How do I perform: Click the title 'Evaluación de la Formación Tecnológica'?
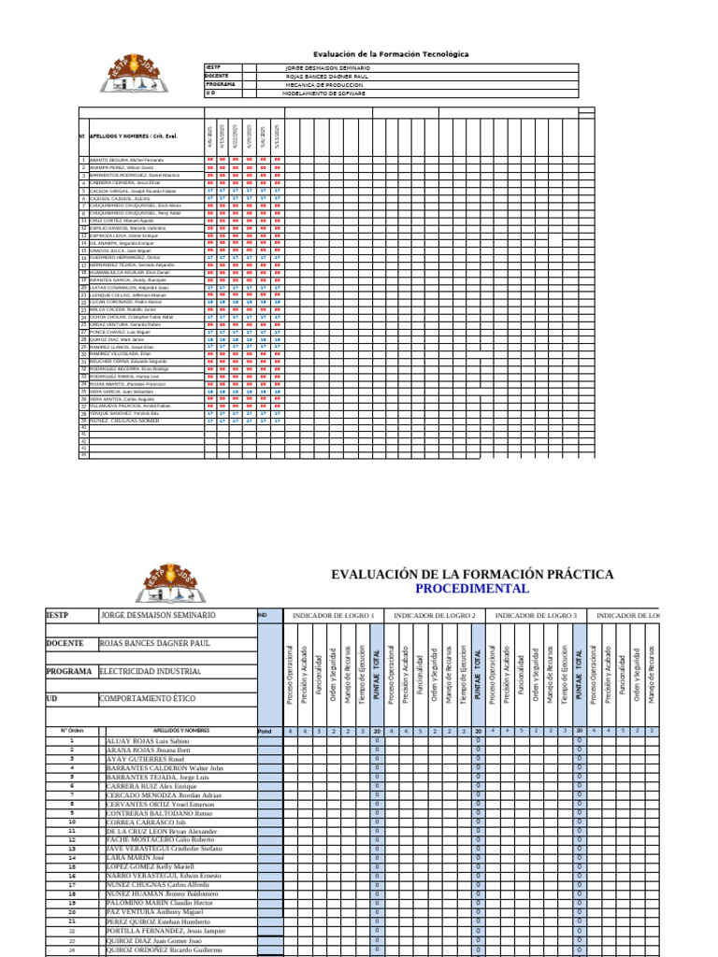pos(391,54)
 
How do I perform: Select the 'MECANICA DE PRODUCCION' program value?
pos(324,85)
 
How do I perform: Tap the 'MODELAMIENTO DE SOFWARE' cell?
pos(324,93)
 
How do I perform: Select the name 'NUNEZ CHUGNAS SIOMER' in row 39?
pos(124,421)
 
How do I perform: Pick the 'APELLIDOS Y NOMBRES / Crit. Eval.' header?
pos(139,136)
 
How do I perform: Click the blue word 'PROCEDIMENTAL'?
pos(472,589)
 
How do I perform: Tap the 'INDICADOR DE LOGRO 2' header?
pos(435,616)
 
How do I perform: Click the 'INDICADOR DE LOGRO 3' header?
pos(536,616)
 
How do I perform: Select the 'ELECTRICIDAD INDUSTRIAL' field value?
pos(151,672)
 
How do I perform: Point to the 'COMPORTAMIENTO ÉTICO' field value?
pos(149,699)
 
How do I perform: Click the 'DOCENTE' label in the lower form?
pos(66,644)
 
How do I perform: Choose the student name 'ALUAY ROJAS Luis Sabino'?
pos(149,740)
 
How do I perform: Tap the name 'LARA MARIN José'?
pos(136,857)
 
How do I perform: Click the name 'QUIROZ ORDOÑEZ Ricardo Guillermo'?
pos(165,950)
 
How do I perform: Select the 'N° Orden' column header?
pos(72,731)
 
